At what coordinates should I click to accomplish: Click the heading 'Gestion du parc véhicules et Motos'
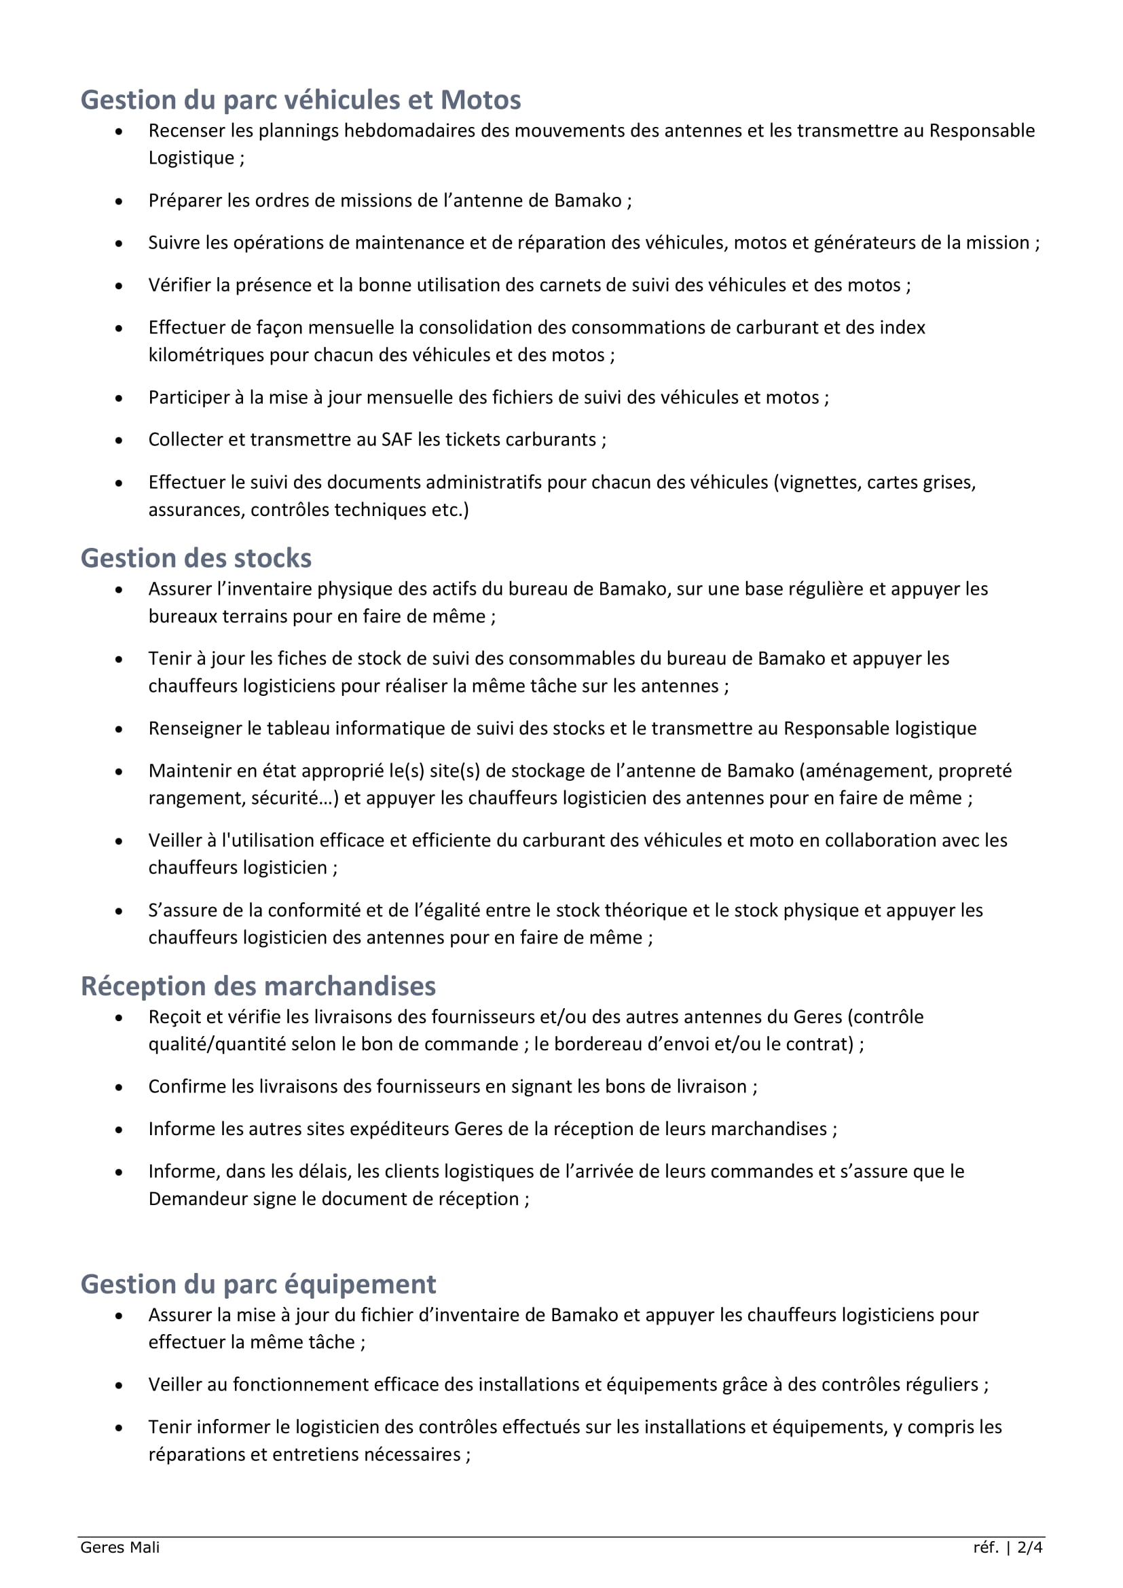coord(301,100)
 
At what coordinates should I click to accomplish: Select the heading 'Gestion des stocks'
coord(196,558)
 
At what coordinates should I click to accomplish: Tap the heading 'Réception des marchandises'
coord(258,986)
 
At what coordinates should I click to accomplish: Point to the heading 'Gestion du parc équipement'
coord(258,1285)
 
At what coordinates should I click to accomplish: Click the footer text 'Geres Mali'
coord(119,1547)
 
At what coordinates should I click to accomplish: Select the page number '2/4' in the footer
coord(1030,1547)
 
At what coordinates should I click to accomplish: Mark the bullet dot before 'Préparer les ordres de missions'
coord(119,201)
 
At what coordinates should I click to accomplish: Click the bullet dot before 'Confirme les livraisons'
coord(119,1087)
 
